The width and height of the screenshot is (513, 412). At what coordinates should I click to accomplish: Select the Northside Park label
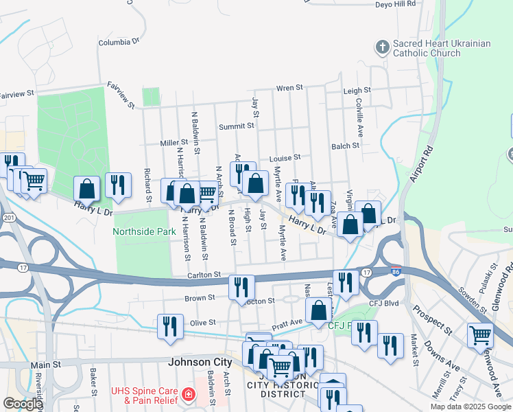[145, 232]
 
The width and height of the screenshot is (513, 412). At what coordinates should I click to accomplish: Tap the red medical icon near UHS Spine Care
[187, 396]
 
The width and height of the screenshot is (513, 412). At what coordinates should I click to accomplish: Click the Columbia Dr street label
[119, 43]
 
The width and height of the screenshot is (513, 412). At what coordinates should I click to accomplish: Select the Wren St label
[289, 89]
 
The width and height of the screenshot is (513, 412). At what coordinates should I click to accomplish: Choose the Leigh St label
[357, 91]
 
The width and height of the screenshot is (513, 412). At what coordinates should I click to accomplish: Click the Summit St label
[236, 126]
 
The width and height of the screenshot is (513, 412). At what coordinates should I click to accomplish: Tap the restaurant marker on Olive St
[169, 327]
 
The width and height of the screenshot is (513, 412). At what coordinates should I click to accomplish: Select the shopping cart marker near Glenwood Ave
[480, 335]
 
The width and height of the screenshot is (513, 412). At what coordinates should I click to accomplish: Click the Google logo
[22, 404]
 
